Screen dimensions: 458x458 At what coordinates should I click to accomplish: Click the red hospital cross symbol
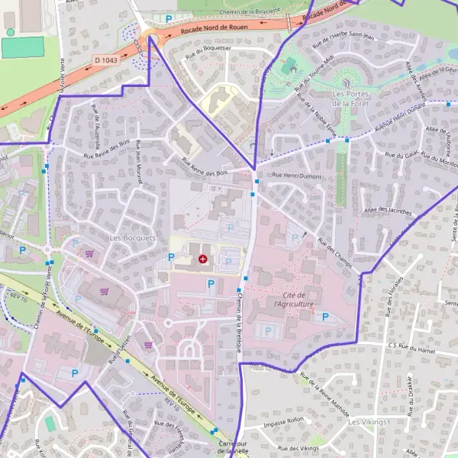click(x=202, y=260)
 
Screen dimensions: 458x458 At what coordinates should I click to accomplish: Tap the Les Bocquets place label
click(x=132, y=237)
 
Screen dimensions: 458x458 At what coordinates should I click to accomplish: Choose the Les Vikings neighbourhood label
click(x=367, y=421)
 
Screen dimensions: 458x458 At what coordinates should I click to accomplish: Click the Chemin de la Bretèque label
click(x=241, y=321)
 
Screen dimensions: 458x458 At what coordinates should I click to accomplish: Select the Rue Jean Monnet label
click(x=138, y=161)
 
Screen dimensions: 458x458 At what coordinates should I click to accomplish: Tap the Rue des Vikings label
click(x=298, y=448)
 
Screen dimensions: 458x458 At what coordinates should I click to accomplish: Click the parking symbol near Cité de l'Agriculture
click(x=326, y=316)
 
